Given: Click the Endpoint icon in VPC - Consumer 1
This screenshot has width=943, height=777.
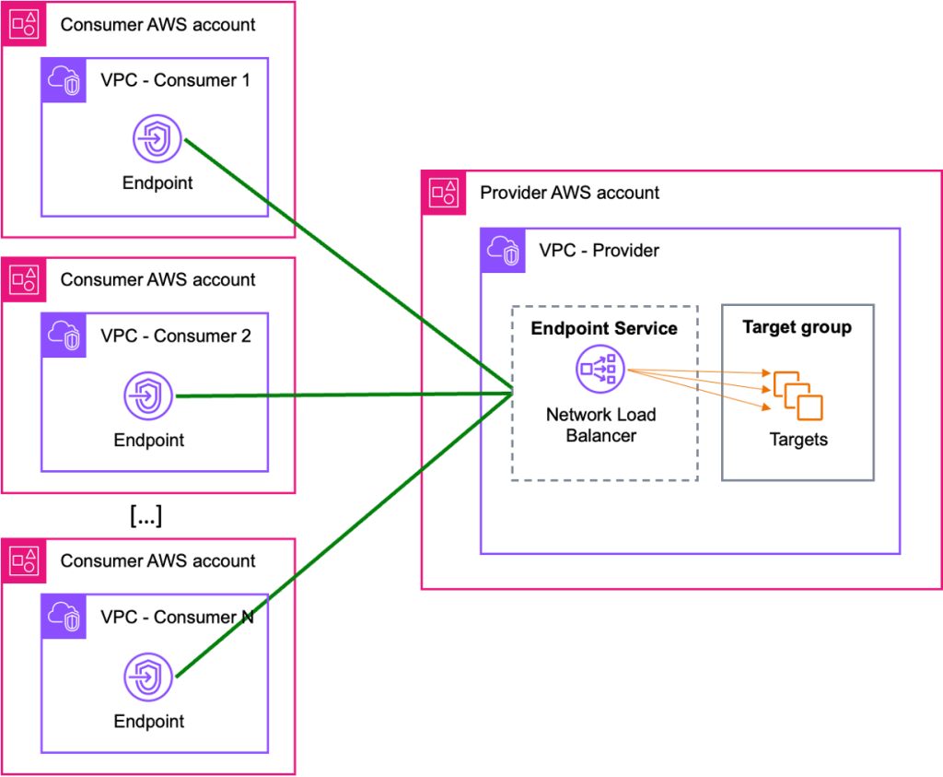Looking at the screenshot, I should (157, 140).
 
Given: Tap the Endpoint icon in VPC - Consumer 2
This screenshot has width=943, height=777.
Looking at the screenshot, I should (148, 396).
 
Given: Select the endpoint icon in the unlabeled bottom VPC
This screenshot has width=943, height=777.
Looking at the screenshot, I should (148, 678).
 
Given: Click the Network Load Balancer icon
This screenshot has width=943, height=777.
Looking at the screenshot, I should (600, 371).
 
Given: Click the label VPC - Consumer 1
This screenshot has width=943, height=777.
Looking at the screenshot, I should (175, 80).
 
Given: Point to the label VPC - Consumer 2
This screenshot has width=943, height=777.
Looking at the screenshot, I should (175, 336).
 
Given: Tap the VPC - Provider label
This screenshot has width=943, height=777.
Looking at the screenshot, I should (599, 251).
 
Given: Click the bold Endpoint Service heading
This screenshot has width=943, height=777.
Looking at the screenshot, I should (604, 329).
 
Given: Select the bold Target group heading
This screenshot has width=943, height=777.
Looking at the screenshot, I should (797, 327).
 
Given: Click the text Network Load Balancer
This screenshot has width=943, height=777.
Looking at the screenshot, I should (600, 425).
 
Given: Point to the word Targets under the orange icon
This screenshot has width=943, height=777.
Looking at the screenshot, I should (798, 440).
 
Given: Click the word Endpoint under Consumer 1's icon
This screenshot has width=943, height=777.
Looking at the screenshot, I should (157, 183).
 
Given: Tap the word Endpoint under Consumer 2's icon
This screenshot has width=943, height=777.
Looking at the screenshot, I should (148, 441).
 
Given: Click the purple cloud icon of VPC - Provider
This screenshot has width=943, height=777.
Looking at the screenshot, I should (503, 250).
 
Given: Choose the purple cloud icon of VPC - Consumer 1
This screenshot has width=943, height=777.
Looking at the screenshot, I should (64, 79).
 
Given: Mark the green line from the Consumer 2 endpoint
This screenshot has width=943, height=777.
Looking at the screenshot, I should (341, 395).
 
